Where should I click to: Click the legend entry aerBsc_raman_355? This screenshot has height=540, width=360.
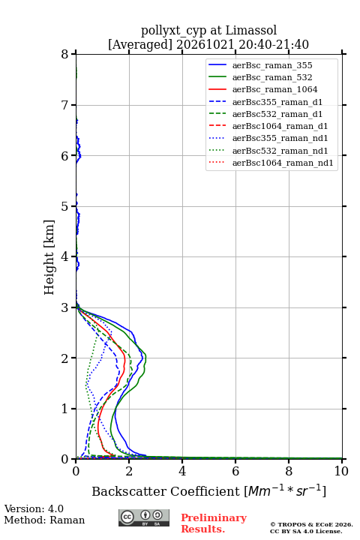[x=272, y=65]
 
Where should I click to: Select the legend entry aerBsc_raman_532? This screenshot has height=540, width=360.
[x=272, y=77]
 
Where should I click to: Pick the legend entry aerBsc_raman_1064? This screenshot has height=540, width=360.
[x=275, y=89]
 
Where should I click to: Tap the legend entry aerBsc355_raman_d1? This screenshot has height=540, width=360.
[x=277, y=102]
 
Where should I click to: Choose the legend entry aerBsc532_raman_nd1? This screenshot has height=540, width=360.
[x=280, y=151]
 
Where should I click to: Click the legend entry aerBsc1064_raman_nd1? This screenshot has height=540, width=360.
[x=283, y=163]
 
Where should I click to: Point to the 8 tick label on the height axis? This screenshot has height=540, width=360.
[x=65, y=55]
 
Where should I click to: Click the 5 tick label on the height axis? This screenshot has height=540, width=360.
[x=65, y=206]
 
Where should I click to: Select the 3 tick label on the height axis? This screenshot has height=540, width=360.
[x=65, y=307]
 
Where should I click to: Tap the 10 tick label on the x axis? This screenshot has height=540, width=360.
[x=341, y=471]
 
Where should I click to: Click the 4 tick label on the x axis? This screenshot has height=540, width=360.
[x=182, y=471]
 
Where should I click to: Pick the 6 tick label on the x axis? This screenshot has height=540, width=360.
[x=235, y=471]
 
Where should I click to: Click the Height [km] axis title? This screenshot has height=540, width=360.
[x=49, y=257]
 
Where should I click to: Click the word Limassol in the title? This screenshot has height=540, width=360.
[x=251, y=30]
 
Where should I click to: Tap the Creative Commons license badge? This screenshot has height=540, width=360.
[x=144, y=517]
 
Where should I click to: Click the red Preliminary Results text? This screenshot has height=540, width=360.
[x=214, y=523]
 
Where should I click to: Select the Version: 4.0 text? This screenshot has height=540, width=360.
[x=34, y=508]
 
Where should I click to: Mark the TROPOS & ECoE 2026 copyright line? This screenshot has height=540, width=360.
[x=311, y=524]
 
